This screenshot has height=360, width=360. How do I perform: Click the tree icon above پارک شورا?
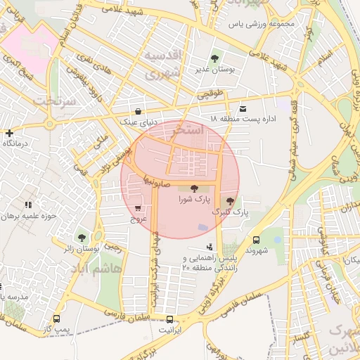click(x=194, y=188)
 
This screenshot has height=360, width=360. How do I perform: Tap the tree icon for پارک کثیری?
click(x=230, y=201)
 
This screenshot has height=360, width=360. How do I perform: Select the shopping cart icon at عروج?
click(x=138, y=208)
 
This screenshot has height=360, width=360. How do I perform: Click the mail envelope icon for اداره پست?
click(x=243, y=108)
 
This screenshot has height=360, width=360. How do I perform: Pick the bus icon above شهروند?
click(x=255, y=239)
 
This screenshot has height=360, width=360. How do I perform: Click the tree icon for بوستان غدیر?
click(x=214, y=58)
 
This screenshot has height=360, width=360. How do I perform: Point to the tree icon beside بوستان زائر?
click(x=83, y=238)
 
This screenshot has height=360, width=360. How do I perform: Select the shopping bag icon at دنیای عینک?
click(x=138, y=111)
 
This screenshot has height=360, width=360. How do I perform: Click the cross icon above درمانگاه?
click(x=8, y=132)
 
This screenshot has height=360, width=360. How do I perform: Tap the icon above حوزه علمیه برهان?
click(x=28, y=204)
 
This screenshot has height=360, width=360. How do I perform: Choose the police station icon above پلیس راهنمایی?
click(x=210, y=247)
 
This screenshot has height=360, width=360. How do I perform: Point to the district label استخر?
click(x=192, y=131)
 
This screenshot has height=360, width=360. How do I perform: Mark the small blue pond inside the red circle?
click(x=202, y=227)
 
